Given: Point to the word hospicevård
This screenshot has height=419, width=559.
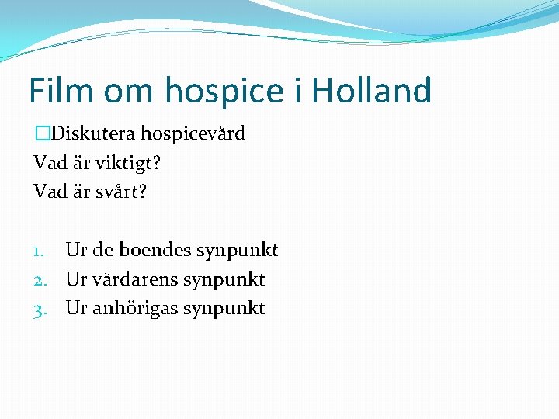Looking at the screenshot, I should click(x=193, y=134).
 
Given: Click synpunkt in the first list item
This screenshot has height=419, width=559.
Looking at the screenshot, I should click(x=237, y=251).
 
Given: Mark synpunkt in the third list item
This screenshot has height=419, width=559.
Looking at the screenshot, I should click(x=224, y=309).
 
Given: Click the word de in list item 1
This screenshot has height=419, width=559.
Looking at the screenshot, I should click(x=102, y=250).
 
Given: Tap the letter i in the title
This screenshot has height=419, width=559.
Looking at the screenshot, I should click(x=298, y=90).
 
